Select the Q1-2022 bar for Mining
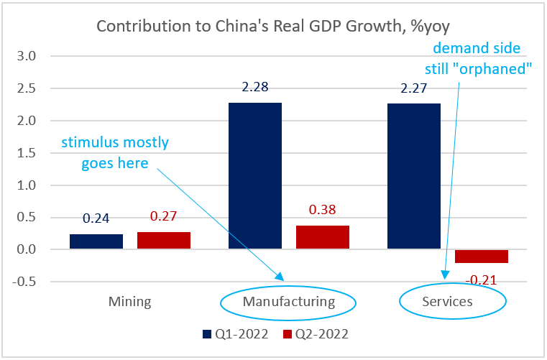[x=96, y=242]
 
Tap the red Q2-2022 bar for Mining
[x=164, y=241]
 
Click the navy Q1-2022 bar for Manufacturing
[x=255, y=176]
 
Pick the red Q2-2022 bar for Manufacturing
[x=323, y=237]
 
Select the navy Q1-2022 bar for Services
[x=414, y=177]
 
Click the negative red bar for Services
[x=482, y=257]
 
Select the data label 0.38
[x=323, y=211]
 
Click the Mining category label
[x=130, y=301]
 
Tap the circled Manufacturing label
[x=289, y=301]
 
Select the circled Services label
[x=447, y=301]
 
